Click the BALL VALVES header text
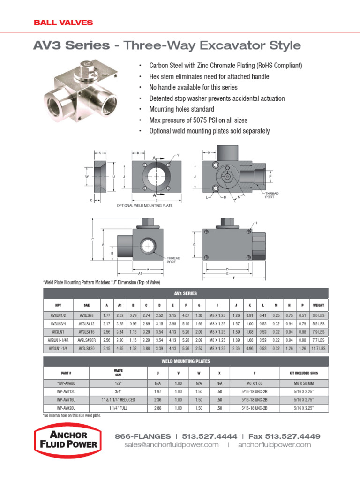coord(63,22)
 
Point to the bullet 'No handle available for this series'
coord(193,87)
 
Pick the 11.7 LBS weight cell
coord(318,348)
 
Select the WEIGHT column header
coord(318,305)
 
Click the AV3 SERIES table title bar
coord(186,293)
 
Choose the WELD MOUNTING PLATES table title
coord(186,361)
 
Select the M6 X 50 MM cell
coord(296,383)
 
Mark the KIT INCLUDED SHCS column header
coord(296,373)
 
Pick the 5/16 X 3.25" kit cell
coord(296,408)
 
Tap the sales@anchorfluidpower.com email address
coord(172,444)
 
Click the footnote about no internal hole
coord(72,415)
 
